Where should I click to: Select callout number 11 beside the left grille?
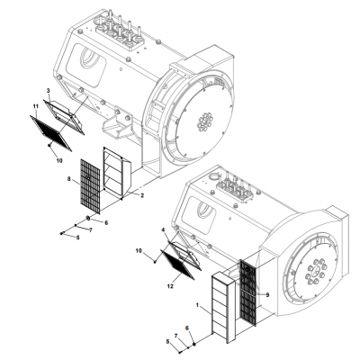point(35,108)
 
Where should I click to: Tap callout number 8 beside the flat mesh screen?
point(68,180)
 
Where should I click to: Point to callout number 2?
point(142,194)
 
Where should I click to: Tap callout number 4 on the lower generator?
point(164,229)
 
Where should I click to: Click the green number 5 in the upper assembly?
point(78,238)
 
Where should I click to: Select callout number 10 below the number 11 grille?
point(59,161)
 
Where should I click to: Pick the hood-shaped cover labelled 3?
point(67,110)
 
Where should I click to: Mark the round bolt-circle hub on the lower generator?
point(315,266)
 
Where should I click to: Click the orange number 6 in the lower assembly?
point(187,328)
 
